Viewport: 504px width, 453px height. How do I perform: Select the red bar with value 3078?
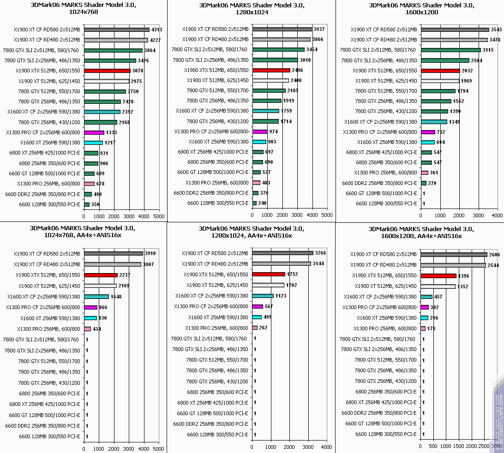click(107, 71)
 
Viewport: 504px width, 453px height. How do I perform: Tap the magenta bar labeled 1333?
click(94, 132)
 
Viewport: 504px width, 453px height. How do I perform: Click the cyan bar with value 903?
click(259, 142)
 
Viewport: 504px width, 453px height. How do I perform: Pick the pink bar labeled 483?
click(256, 183)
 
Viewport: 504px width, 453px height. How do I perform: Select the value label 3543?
click(496, 30)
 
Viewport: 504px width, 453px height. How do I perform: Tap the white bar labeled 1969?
click(440, 81)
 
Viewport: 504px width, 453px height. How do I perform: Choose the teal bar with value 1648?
click(96, 297)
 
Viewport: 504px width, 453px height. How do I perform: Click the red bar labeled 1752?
click(269, 274)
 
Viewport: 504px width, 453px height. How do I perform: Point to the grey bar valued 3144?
click(282, 264)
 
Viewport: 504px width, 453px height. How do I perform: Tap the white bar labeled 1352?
click(438, 286)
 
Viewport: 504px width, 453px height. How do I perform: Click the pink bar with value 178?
click(423, 328)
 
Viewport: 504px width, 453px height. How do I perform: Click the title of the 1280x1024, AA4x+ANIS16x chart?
click(251, 232)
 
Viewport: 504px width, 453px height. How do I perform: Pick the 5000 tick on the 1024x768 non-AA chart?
click(159, 216)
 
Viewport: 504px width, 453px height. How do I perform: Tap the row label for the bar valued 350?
click(49, 204)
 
